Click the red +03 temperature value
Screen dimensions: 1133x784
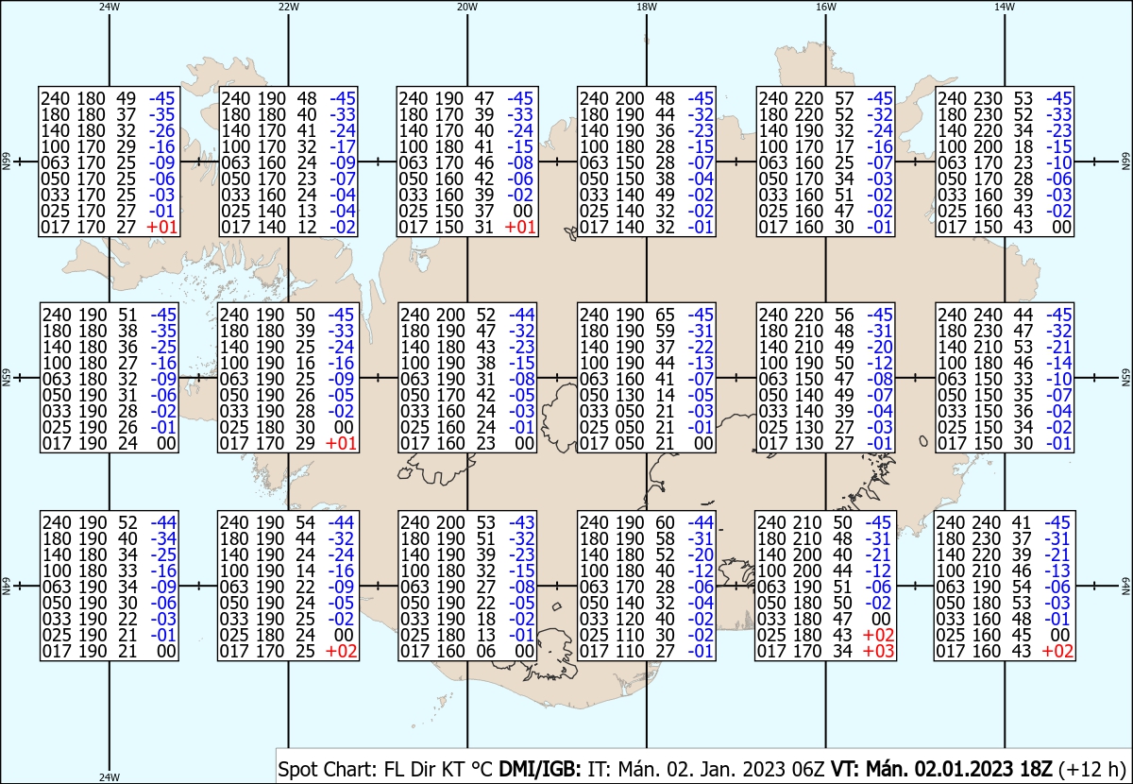879,651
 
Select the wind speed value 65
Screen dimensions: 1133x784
665,315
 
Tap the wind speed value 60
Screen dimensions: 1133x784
665,522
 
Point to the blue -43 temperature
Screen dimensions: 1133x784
521,522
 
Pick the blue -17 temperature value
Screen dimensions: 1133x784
343,146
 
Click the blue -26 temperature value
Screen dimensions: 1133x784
161,130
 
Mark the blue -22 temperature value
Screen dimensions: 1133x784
701,347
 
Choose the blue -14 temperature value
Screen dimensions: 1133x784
1058,363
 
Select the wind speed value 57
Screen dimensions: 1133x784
844,98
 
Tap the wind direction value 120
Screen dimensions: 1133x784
629,619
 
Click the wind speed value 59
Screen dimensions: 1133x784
665,331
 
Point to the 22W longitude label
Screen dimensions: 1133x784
288,7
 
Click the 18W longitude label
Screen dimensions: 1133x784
647,7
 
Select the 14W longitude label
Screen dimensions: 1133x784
1005,7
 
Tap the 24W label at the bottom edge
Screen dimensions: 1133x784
110,776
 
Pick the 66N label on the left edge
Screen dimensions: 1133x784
6,162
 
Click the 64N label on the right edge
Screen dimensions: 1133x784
1125,586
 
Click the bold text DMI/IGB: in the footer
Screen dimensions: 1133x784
540,769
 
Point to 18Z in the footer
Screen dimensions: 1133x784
1035,769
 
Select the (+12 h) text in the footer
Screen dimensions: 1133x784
1091,769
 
